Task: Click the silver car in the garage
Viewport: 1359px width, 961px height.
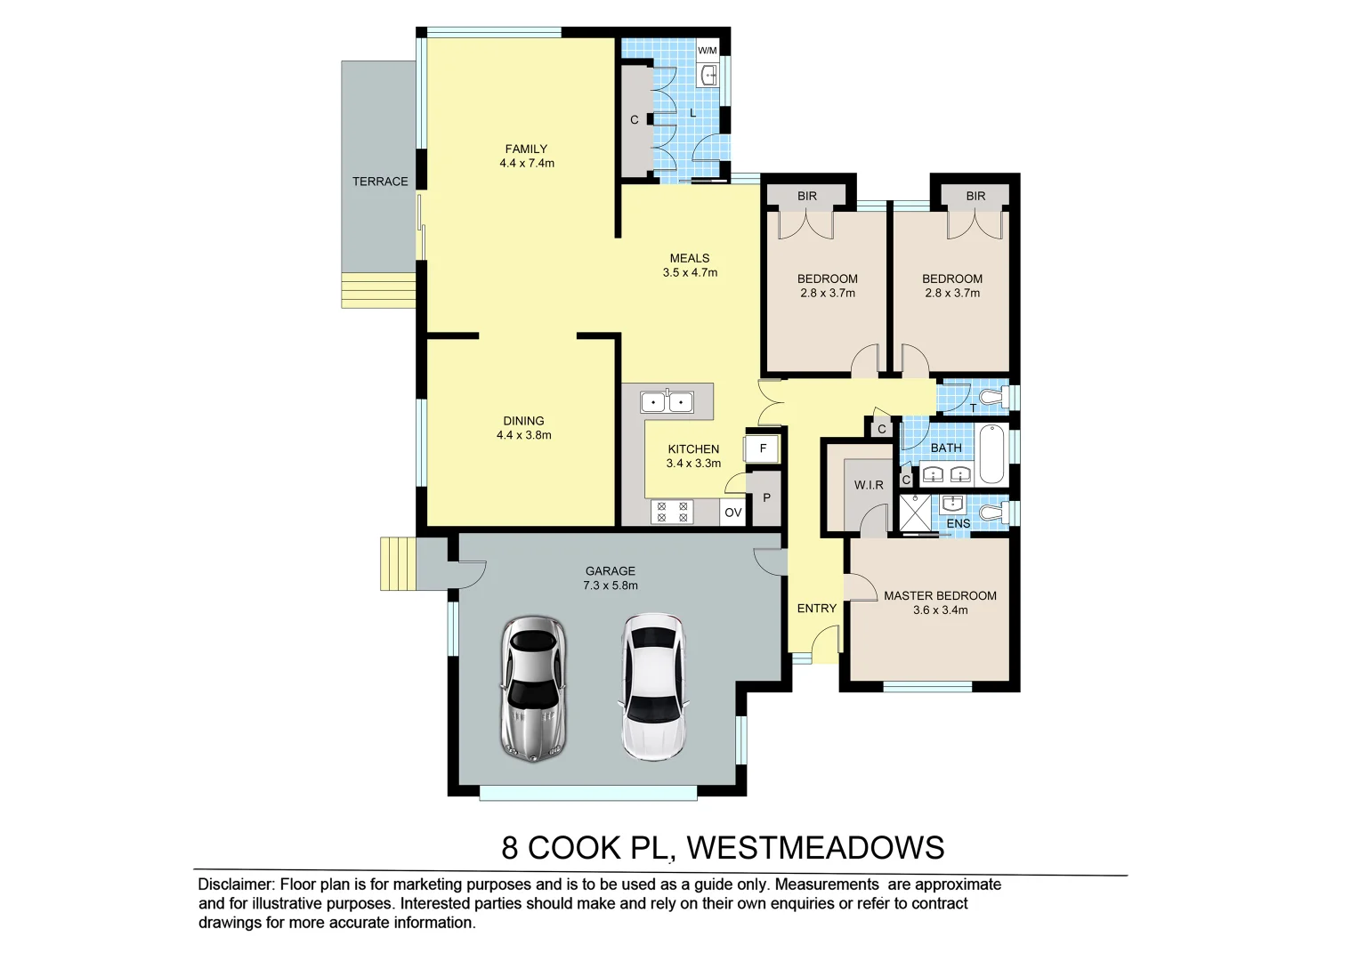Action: coord(533,688)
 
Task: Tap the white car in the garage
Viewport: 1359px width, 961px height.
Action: coord(653,686)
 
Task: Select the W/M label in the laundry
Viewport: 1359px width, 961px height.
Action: coord(708,51)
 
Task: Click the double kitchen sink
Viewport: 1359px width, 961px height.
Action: coord(667,403)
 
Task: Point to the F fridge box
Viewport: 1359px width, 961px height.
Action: coord(763,448)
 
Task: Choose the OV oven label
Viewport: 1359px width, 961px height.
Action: coord(732,513)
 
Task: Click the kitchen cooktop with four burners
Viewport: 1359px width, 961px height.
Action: coord(672,512)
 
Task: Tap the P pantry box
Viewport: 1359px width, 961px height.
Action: coord(766,498)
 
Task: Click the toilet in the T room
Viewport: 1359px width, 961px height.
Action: coord(992,396)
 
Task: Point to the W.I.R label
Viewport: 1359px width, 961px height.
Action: coord(869,485)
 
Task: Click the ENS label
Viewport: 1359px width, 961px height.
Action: coord(959,523)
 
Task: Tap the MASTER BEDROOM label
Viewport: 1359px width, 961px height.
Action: coord(940,595)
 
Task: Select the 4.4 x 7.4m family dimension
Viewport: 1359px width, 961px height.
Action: coord(527,164)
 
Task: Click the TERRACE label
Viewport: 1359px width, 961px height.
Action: coord(380,182)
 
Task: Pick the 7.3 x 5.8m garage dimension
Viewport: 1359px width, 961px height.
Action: coord(611,585)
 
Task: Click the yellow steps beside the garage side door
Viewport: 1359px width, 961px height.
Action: coord(398,563)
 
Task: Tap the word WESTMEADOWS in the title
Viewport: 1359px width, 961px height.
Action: coord(815,848)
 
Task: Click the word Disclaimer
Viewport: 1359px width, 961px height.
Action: coord(236,884)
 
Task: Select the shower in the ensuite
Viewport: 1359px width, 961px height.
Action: coord(915,513)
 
